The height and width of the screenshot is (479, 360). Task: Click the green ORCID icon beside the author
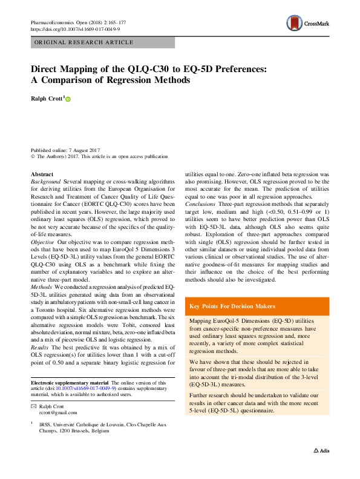point(68,99)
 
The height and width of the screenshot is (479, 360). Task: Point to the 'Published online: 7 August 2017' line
point(65,150)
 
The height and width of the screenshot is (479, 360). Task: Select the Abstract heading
point(42,174)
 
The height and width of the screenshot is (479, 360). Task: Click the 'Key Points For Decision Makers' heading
point(232,306)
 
